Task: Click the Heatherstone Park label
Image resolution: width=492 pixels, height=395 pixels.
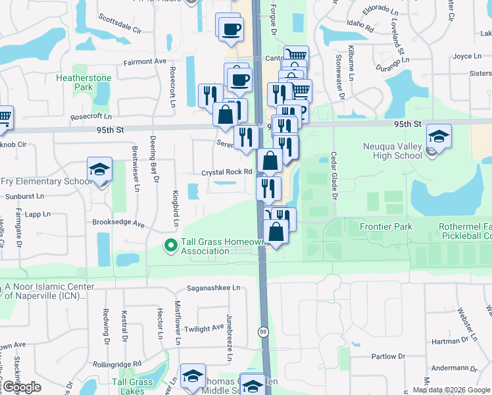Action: pos(84,82)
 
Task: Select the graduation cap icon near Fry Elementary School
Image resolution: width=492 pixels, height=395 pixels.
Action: pos(100,170)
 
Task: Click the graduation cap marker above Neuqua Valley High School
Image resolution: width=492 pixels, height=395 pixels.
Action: pos(439,137)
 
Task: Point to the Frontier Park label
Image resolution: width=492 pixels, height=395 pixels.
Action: pos(386,227)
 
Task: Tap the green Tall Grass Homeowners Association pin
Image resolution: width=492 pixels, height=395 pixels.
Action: pos(170,246)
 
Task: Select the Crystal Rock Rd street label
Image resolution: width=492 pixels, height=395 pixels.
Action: pos(228,172)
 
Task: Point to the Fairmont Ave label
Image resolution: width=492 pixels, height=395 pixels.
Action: pos(145,61)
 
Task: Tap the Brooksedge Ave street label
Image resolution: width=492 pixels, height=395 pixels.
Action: pos(118,223)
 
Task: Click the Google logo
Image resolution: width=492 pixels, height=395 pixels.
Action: pos(21,387)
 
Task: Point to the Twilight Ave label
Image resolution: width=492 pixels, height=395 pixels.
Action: pos(205,329)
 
